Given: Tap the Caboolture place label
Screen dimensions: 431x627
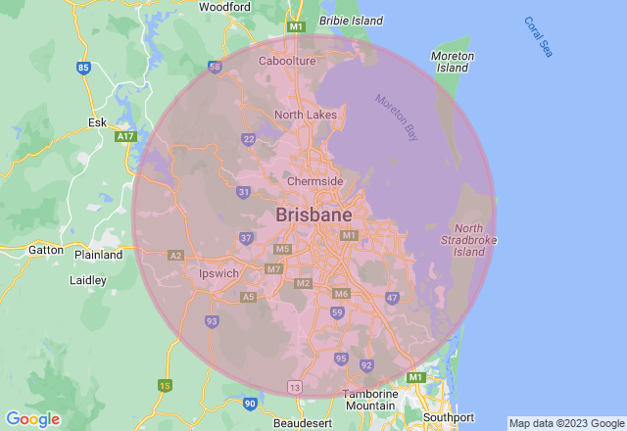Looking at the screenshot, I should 287,61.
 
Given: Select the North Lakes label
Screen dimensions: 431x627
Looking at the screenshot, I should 305,115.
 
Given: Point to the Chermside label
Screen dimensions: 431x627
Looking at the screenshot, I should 314,182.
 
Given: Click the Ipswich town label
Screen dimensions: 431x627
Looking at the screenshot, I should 218,273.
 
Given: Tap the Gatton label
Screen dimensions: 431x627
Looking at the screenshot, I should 45,250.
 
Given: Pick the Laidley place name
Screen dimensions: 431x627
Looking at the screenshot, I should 88,279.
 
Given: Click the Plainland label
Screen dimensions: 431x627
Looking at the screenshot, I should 99,255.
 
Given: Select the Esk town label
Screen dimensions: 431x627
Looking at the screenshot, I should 97,122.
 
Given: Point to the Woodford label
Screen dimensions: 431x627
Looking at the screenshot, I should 224,7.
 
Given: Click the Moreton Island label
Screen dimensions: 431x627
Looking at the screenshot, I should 453,62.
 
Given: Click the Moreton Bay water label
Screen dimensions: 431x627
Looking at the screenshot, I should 398,115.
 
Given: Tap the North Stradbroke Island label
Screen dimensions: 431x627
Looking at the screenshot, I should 469,240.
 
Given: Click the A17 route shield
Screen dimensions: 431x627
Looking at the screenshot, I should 124,137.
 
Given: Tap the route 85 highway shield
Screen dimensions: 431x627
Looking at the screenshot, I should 83,68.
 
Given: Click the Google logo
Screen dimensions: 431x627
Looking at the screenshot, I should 32,419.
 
